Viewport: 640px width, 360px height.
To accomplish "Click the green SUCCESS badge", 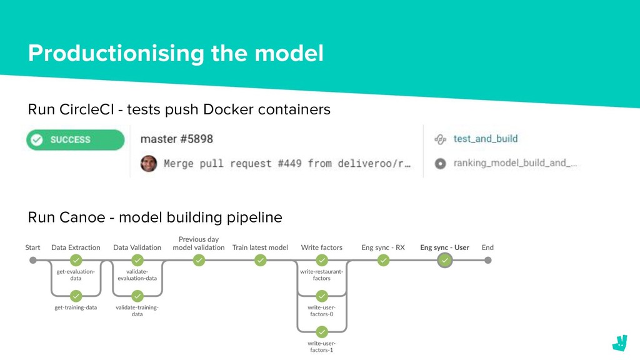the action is coord(76,140).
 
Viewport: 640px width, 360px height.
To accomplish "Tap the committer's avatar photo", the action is coord(149,164).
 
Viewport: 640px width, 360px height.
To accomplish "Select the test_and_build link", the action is coord(485,139).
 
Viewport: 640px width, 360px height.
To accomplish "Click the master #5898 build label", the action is coord(177,139).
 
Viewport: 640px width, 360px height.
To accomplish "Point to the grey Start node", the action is coord(33,261).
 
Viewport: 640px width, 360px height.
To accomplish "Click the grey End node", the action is coord(487,261).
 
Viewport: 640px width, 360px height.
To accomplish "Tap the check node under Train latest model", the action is coord(261,261).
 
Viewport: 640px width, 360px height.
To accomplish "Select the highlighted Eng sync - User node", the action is coord(445,261).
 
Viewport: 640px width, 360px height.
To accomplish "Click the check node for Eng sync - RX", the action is coord(383,261).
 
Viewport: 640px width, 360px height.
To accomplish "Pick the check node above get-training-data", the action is coord(76,296).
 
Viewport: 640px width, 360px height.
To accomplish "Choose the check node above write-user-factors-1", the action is coord(322,332).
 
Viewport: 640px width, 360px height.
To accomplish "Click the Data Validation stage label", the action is coord(137,247).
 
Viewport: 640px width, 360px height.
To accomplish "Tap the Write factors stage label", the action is coord(322,247).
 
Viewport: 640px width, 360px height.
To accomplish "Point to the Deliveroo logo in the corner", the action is coord(619,343).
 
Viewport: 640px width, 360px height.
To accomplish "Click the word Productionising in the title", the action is coord(116,54).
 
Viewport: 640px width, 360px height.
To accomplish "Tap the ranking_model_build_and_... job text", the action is coord(515,163).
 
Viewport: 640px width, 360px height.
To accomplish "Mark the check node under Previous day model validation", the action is coord(199,261).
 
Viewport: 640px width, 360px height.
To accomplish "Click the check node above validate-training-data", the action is coord(137,296).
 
